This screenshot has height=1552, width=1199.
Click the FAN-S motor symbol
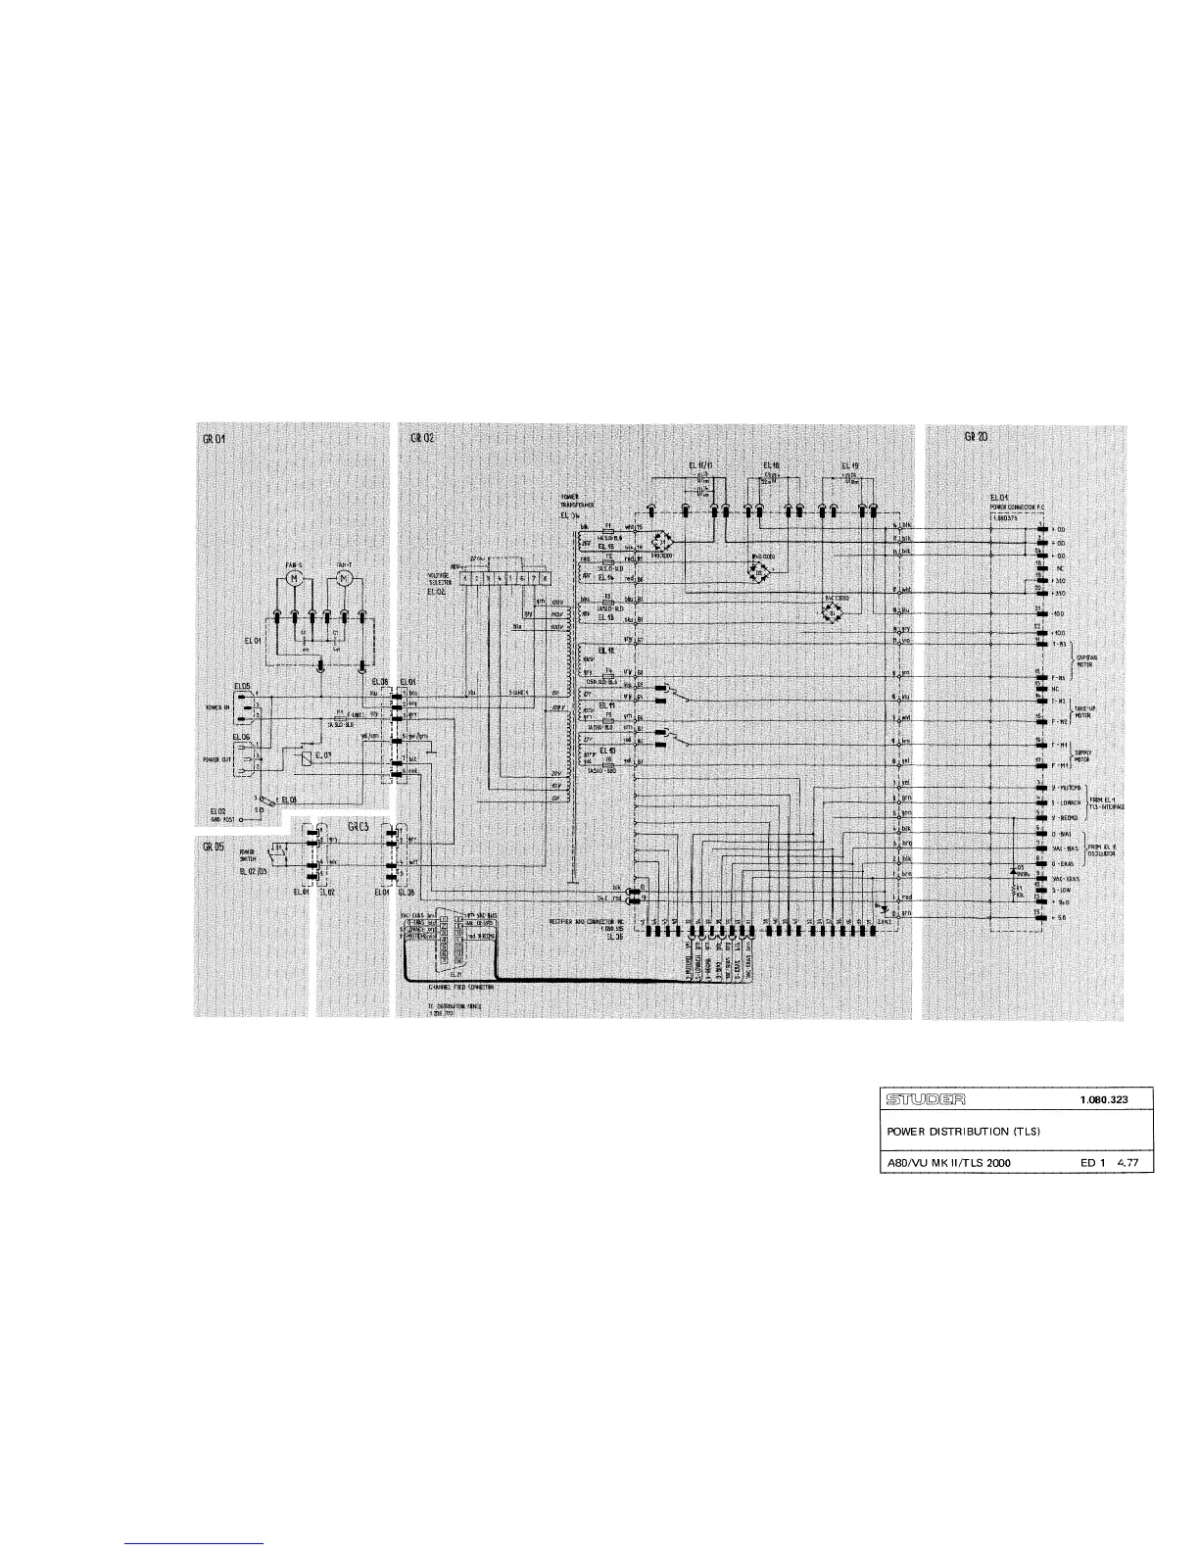(x=294, y=580)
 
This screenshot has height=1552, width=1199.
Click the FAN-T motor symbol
(x=345, y=580)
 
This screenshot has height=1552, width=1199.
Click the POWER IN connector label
(x=217, y=705)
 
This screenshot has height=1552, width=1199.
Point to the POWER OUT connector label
(x=216, y=757)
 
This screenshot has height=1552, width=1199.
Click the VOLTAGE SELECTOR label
(x=439, y=578)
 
